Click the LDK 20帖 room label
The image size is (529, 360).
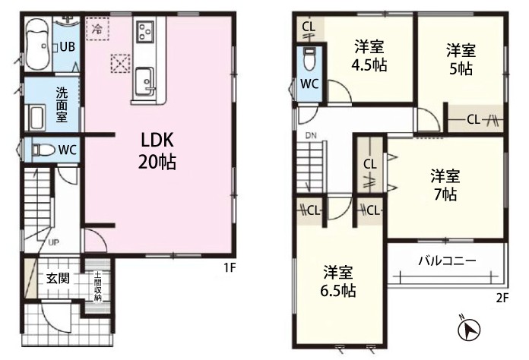pos(157,150)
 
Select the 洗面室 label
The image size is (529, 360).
pos(62,105)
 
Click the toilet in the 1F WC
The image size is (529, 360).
pos(43,150)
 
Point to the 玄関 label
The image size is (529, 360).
pos(58,278)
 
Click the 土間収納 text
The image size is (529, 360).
pos(97,286)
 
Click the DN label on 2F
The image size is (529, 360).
pos(311,136)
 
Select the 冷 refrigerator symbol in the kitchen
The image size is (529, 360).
pos(97,29)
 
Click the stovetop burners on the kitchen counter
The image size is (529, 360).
pos(145,30)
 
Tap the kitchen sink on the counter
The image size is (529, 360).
pos(145,81)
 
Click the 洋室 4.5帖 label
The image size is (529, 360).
pos(369,56)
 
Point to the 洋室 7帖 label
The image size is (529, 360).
pos(445,185)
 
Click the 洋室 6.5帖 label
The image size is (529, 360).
pos(338,281)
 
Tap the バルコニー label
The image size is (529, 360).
pos(447,261)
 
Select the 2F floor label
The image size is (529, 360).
pos(502,298)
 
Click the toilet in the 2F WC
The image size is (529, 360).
pos(309,59)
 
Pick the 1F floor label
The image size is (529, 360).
pos(229,268)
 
